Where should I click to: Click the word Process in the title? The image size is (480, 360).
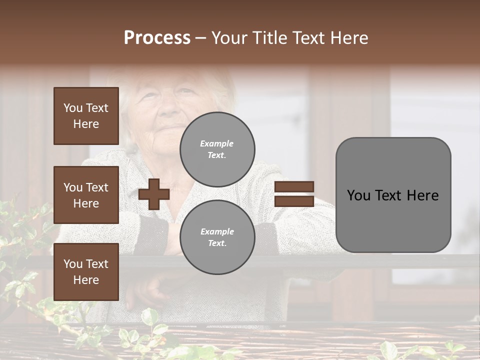(x=157, y=38)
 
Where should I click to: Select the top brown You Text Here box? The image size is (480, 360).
(x=86, y=116)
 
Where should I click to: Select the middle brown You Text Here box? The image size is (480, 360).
(x=86, y=195)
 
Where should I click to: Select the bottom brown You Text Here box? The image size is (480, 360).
(x=86, y=271)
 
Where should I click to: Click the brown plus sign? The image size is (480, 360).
(x=154, y=194)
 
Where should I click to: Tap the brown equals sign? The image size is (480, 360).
(x=294, y=194)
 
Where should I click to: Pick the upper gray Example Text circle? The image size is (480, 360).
(x=217, y=149)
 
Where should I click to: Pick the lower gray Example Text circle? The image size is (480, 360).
(x=217, y=237)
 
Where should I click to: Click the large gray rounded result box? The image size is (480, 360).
(x=393, y=195)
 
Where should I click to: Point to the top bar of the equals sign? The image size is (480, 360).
(x=294, y=187)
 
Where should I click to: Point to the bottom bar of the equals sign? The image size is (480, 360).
(x=294, y=201)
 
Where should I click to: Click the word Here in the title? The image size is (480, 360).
(x=349, y=38)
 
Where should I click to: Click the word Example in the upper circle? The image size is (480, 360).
(x=217, y=143)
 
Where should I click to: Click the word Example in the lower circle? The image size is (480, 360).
(x=217, y=231)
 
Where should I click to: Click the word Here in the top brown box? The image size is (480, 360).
(x=86, y=124)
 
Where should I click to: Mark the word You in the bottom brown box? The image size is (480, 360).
(x=73, y=264)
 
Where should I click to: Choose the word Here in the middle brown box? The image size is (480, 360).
(x=86, y=203)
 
